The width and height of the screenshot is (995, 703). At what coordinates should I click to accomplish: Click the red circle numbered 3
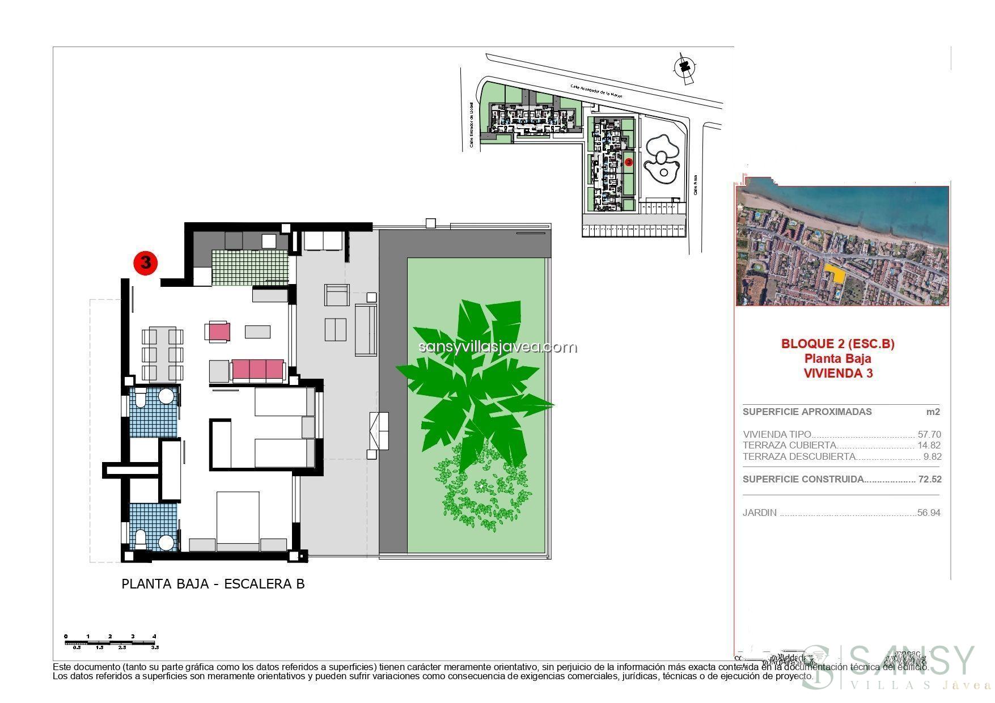[145, 263]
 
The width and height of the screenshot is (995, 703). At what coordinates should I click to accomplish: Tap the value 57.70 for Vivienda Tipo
[929, 434]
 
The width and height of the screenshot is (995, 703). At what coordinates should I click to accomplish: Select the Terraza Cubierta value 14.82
[929, 446]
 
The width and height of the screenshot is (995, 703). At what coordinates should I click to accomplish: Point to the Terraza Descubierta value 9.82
[932, 456]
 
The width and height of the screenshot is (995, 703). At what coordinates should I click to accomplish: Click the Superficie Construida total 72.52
[930, 479]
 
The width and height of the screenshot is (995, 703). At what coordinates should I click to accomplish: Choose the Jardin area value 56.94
[929, 513]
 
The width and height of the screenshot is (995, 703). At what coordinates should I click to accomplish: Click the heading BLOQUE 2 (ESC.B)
[837, 344]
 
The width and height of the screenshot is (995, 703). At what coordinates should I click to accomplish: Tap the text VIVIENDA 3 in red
[837, 373]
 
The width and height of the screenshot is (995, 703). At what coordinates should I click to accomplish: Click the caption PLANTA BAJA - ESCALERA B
[213, 584]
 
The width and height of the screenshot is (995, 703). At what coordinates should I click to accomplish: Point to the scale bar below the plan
[111, 643]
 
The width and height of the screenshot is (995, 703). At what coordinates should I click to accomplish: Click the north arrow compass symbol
[684, 67]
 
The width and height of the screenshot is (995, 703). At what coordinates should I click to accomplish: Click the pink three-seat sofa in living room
[257, 370]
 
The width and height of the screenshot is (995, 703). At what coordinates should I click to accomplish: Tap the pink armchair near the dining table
[219, 332]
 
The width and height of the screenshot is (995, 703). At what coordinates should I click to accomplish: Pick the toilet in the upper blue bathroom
[140, 399]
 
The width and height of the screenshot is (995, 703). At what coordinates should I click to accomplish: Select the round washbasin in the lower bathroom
[166, 543]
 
